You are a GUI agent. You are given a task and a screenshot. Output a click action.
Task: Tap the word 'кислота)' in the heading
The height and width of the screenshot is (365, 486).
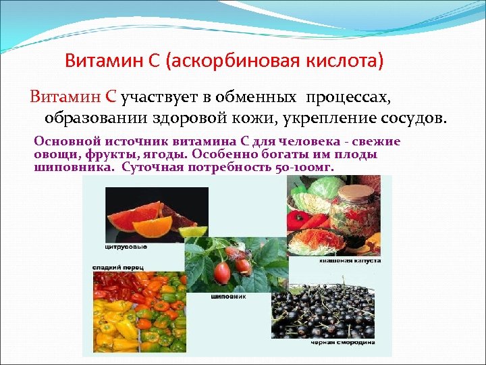348,62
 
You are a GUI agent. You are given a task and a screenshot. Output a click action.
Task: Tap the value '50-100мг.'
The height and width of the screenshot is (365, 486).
303,166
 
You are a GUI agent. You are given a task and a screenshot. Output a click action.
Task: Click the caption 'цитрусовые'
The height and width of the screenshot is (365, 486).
126,247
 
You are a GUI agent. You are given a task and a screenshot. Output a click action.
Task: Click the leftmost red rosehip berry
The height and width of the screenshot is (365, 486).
221,273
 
